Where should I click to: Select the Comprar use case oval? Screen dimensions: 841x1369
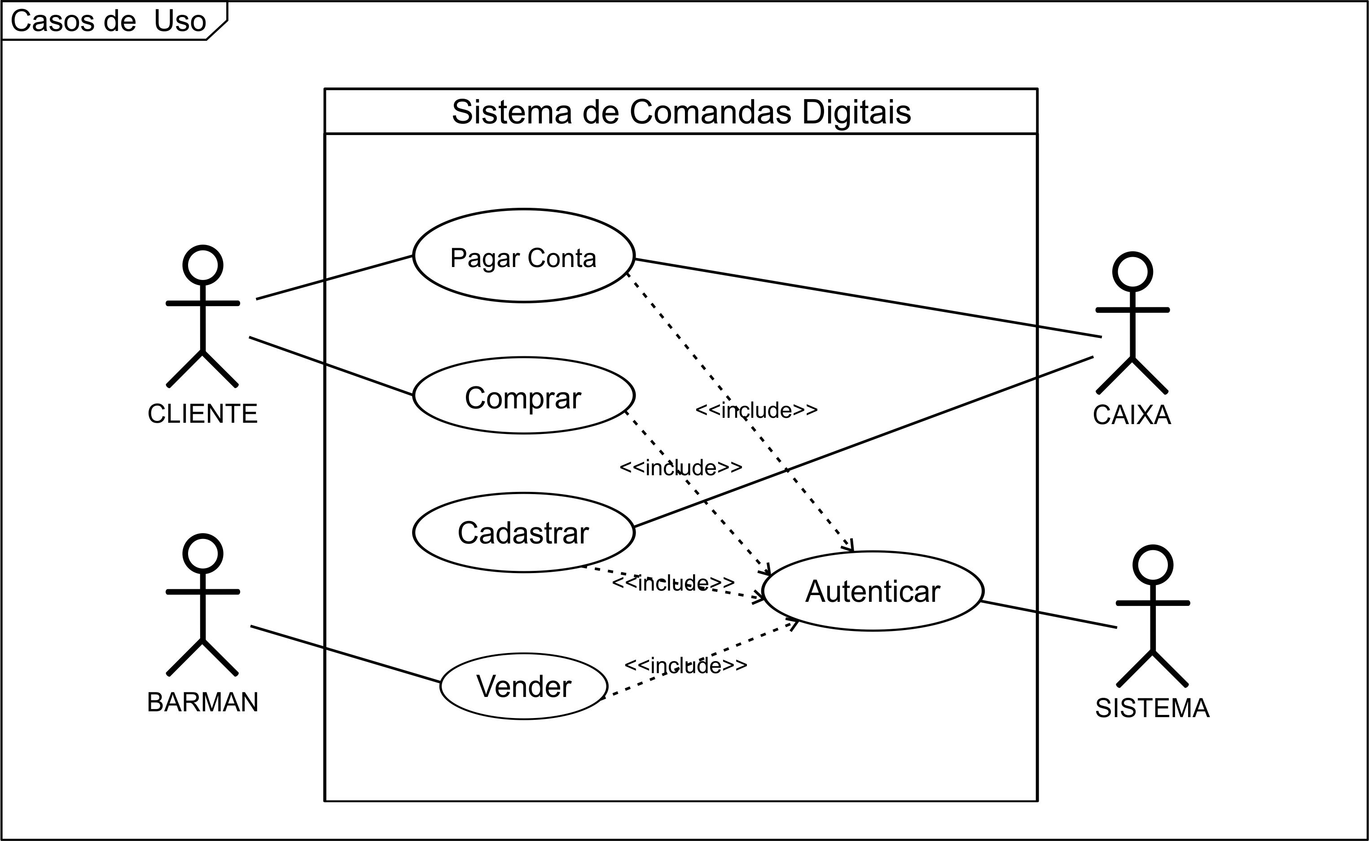(523, 395)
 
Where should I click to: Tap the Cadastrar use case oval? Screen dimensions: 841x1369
(523, 532)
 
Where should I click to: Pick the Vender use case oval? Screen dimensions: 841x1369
(523, 686)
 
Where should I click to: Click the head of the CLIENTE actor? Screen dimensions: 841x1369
(202, 265)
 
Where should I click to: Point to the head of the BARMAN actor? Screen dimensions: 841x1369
(202, 553)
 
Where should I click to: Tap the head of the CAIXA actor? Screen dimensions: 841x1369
(1132, 272)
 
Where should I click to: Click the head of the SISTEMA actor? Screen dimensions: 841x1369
(1153, 565)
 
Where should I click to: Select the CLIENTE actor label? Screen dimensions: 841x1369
(202, 414)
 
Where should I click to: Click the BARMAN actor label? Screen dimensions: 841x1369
(202, 702)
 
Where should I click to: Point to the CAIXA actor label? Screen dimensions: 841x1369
(1132, 415)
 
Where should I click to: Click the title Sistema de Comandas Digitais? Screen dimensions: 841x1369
(681, 112)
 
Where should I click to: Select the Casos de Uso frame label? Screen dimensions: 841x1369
(109, 21)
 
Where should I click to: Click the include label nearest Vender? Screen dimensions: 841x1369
(685, 665)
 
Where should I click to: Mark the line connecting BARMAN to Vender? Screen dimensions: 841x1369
(345, 653)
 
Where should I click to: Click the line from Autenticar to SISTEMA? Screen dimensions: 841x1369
(1049, 615)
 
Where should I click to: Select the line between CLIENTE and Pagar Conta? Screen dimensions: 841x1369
(334, 277)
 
